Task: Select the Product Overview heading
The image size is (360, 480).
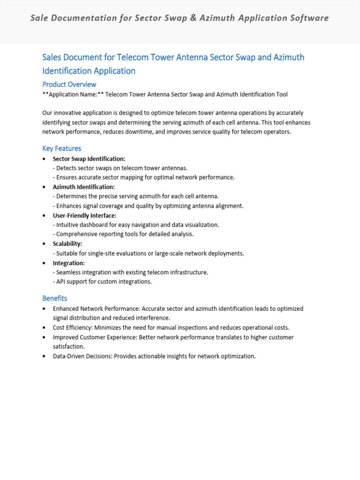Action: [x=69, y=84]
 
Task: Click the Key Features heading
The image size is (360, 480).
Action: [x=61, y=149]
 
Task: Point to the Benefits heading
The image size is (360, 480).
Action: [x=54, y=298]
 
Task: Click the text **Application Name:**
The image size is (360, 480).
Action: [x=73, y=94]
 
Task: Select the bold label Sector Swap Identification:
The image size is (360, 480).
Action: [x=89, y=159]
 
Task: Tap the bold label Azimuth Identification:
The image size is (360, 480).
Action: [x=83, y=187]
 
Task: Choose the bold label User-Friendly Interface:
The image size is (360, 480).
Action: [x=84, y=215]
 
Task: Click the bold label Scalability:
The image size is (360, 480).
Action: [x=67, y=244]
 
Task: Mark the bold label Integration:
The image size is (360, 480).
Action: [x=68, y=263]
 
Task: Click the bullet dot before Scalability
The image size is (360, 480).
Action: [x=44, y=244]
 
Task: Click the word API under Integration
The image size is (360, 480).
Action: [x=61, y=282]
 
